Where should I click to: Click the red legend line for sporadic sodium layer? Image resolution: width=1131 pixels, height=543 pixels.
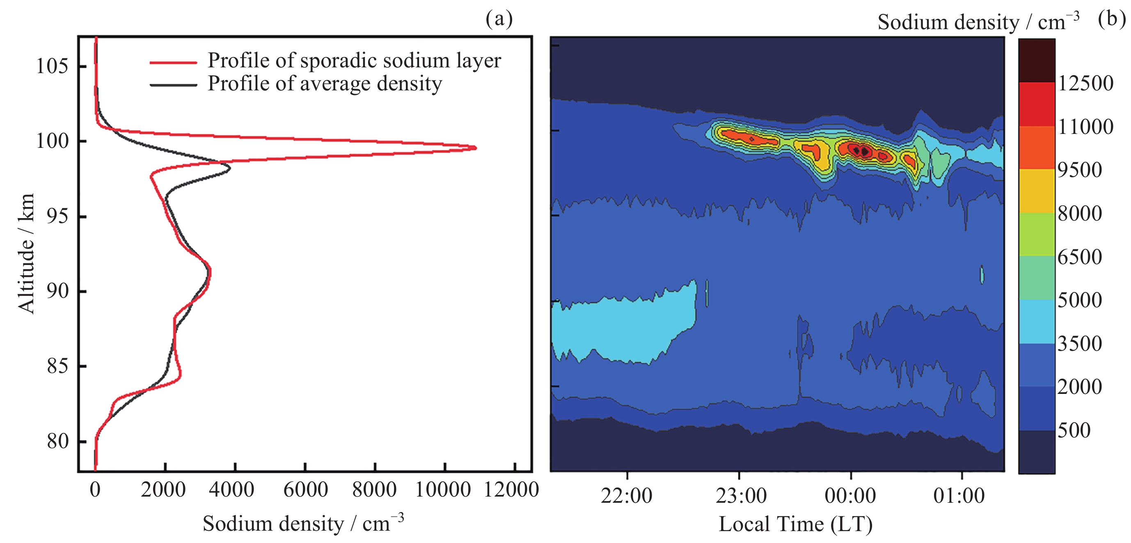click(173, 62)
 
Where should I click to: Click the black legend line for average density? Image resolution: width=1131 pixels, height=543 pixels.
click(173, 85)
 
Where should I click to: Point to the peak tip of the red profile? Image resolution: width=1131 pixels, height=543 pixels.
click(476, 148)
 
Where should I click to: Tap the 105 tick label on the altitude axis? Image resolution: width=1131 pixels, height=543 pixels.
click(52, 67)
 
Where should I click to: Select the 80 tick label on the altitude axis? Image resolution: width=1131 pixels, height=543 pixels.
click(57, 441)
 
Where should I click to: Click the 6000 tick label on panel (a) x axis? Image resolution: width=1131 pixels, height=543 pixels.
click(305, 490)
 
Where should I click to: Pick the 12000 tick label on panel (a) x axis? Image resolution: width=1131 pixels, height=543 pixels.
click(511, 490)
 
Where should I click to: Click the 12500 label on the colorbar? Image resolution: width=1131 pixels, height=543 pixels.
click(1085, 83)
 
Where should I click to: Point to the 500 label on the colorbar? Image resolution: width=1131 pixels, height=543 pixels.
click(1074, 430)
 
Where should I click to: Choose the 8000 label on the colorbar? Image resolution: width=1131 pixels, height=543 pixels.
click(1080, 214)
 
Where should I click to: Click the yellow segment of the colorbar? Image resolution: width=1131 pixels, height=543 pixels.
click(1037, 191)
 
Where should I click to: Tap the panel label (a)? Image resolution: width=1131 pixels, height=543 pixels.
click(499, 18)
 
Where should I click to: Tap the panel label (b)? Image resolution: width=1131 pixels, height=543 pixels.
click(1112, 18)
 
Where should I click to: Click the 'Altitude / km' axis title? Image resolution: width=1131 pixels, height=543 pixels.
click(26, 253)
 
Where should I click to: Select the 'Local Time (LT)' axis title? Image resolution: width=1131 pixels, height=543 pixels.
click(795, 524)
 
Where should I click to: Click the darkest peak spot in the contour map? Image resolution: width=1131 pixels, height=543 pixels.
click(864, 152)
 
